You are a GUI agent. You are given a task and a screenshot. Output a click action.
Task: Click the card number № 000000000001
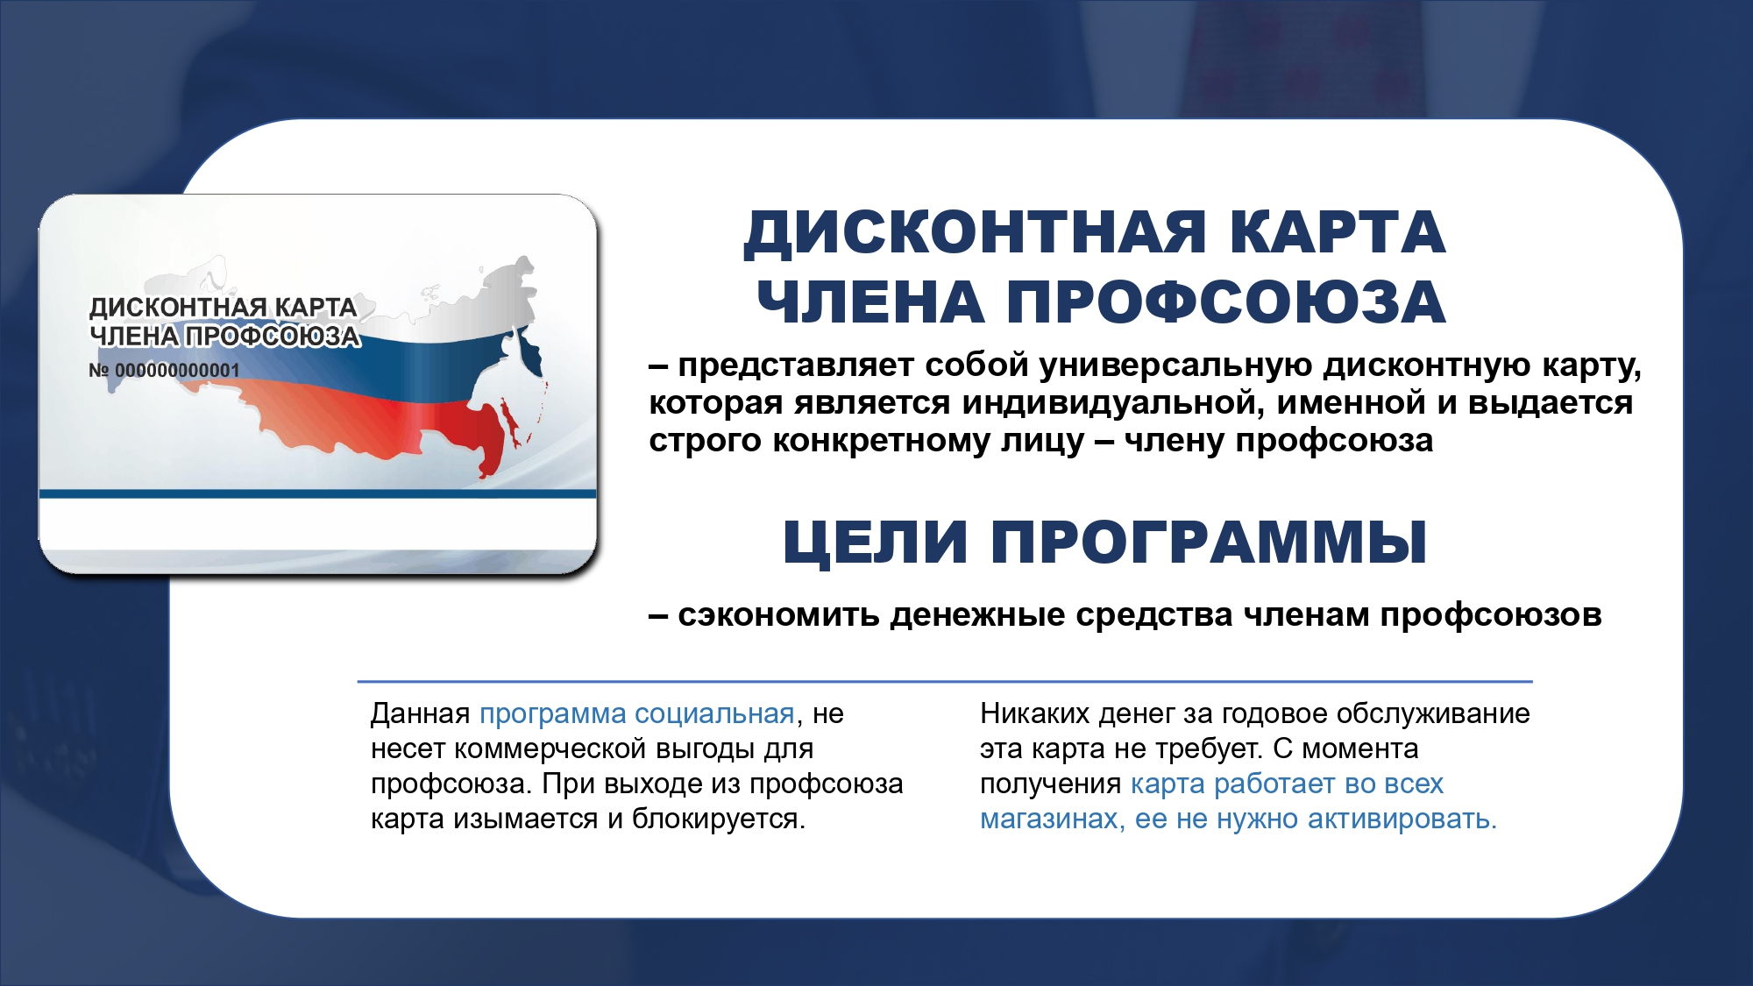(164, 371)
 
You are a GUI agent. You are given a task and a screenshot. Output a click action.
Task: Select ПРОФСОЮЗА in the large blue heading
(1225, 303)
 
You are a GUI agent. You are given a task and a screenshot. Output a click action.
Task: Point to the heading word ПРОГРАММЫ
(1209, 542)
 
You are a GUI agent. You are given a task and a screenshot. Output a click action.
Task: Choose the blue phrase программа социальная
(636, 713)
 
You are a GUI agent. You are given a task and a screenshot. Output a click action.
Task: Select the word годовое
(1277, 713)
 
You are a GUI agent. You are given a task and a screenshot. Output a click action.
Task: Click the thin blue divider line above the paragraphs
(944, 681)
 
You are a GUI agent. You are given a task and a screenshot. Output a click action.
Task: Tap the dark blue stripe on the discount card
(317, 493)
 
